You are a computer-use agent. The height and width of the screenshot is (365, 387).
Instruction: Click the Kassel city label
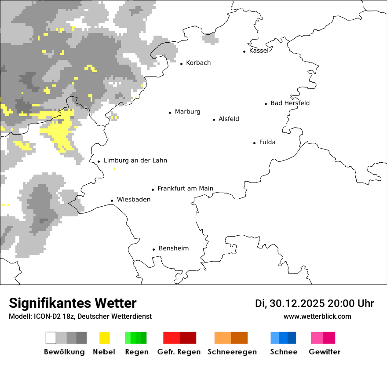point(259,51)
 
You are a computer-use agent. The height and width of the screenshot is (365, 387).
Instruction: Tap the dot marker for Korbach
point(181,64)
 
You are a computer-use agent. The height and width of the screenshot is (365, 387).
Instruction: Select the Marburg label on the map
point(187,112)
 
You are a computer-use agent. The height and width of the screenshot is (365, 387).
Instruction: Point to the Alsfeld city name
point(229,119)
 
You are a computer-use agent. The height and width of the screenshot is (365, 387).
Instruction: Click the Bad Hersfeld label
point(290,103)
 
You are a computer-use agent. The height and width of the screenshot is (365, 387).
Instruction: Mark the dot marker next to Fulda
point(255,143)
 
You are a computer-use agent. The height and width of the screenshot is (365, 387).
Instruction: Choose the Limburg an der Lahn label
point(135,161)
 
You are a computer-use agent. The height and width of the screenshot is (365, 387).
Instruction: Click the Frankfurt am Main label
point(185,189)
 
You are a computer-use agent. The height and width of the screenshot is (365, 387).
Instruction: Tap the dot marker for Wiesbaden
point(112,201)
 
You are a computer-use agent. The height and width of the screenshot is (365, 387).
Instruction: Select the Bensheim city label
point(173,248)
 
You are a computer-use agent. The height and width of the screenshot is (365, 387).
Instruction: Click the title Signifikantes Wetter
point(73,303)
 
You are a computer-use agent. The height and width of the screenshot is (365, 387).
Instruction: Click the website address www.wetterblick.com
point(317,317)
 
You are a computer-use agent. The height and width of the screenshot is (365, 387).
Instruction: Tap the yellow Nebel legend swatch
point(105,338)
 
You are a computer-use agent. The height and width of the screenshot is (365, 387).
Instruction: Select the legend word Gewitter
point(325,352)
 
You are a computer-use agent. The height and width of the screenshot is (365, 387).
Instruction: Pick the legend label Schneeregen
point(232,352)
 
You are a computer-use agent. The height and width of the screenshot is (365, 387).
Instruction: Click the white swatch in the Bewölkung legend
point(51,338)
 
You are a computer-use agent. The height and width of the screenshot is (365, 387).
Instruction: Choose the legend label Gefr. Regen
point(179,352)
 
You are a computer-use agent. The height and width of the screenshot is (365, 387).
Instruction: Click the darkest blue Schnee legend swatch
point(292,338)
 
